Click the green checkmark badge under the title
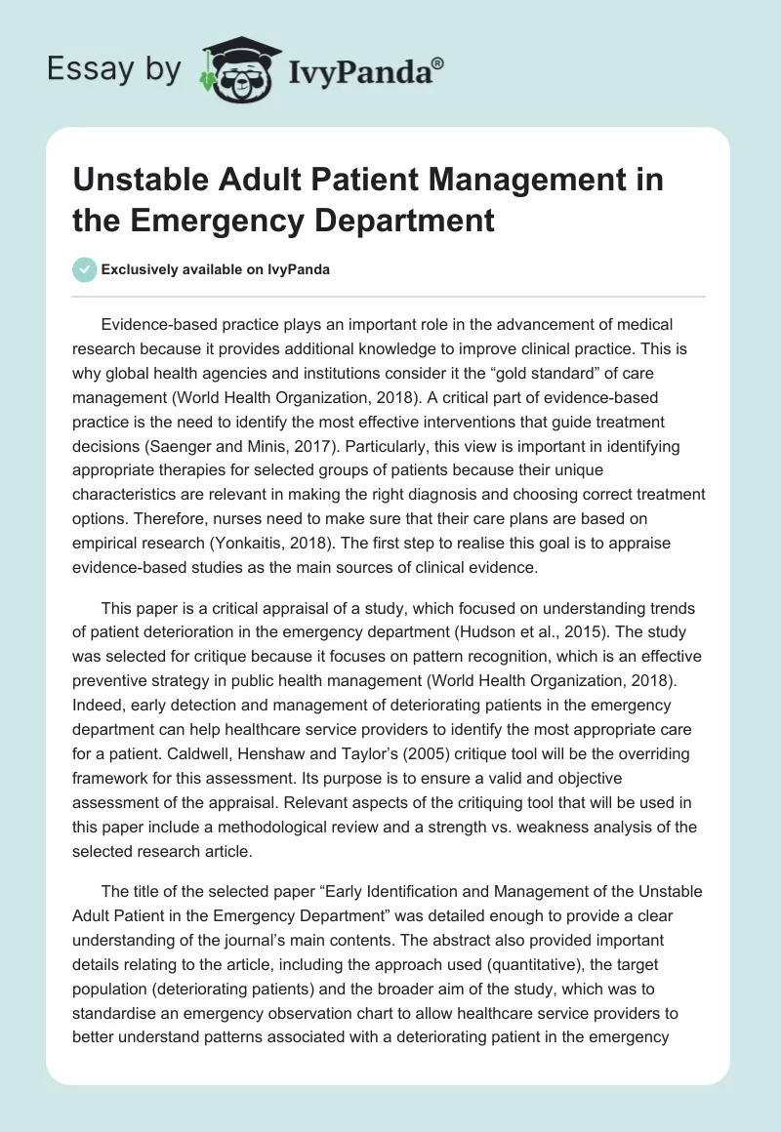click(x=84, y=269)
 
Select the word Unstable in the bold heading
click(x=146, y=182)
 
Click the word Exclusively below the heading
click(x=142, y=270)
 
